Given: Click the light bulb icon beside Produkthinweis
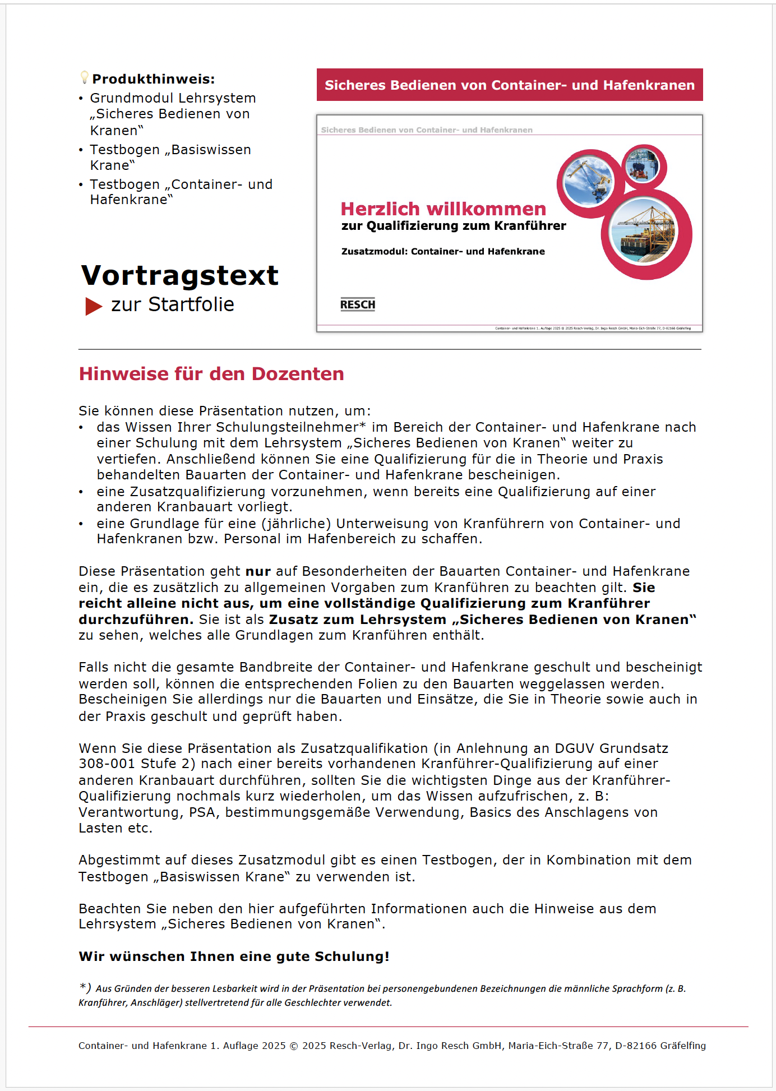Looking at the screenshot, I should click(x=84, y=77).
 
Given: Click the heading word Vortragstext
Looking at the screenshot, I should click(x=179, y=275).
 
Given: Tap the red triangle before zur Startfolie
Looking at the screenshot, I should click(x=93, y=306).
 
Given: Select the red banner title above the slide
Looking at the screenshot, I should click(x=509, y=85).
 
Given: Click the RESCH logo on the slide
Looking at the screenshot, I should click(x=358, y=304).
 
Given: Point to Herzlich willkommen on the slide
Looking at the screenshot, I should click(x=443, y=209).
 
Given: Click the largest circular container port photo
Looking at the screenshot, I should click(x=645, y=233).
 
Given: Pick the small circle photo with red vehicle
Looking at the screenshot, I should click(x=643, y=167).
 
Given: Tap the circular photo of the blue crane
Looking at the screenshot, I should click(x=588, y=182).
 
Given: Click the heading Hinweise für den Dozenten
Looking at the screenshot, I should click(x=211, y=374).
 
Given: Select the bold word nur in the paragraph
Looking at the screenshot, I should click(x=258, y=571).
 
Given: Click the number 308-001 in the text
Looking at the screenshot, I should click(x=107, y=764).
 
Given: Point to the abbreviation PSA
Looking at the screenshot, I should click(x=202, y=812).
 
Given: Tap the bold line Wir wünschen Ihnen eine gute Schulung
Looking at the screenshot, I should click(x=234, y=956).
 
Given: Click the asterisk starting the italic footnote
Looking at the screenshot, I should click(x=83, y=987).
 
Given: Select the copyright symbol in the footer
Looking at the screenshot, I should click(x=294, y=1046).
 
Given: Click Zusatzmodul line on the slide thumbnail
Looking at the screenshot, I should click(x=443, y=251).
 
